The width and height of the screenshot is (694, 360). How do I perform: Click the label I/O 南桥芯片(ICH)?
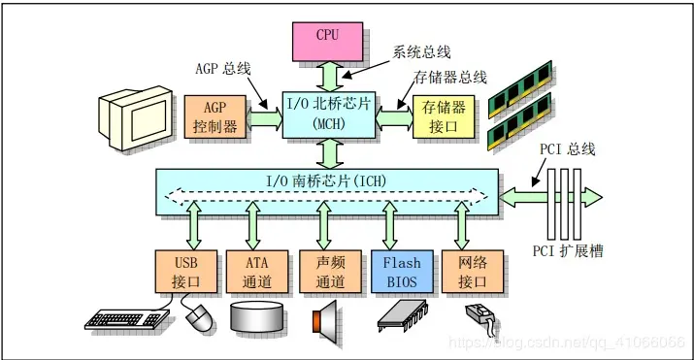[326, 180]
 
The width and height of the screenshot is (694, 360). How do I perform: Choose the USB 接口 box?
[184, 273]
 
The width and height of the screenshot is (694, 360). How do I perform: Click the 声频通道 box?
[325, 273]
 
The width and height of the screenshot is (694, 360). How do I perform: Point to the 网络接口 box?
[468, 273]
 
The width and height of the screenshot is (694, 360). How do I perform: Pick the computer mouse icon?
[198, 315]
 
